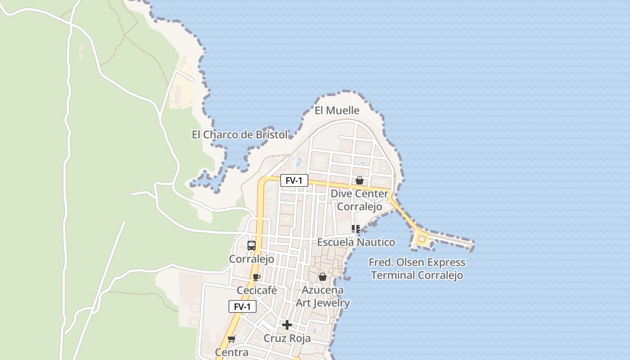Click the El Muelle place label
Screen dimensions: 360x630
tap(337, 111)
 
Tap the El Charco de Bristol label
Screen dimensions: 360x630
tap(239, 135)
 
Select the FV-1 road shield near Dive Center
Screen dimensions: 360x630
tap(294, 181)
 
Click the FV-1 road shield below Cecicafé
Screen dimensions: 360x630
tap(243, 307)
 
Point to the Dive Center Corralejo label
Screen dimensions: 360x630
tap(360, 200)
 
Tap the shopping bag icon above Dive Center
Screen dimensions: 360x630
tap(360, 180)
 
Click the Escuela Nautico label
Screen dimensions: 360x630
tap(356, 242)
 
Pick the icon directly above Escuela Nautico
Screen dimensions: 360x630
tap(356, 229)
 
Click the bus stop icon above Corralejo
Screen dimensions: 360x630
tap(252, 246)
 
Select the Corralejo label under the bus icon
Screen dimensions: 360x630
tap(252, 259)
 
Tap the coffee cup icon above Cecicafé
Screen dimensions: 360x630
tap(256, 277)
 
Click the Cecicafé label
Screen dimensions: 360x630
tap(256, 291)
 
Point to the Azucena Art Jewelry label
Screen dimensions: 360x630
tap(323, 297)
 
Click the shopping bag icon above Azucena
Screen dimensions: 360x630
tap(323, 277)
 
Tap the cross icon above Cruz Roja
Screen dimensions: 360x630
tap(287, 325)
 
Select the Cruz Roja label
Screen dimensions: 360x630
tap(287, 338)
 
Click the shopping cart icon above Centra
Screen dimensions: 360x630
tap(232, 339)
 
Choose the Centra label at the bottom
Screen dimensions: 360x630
tap(232, 352)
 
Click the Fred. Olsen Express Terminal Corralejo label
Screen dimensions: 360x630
tap(417, 269)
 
